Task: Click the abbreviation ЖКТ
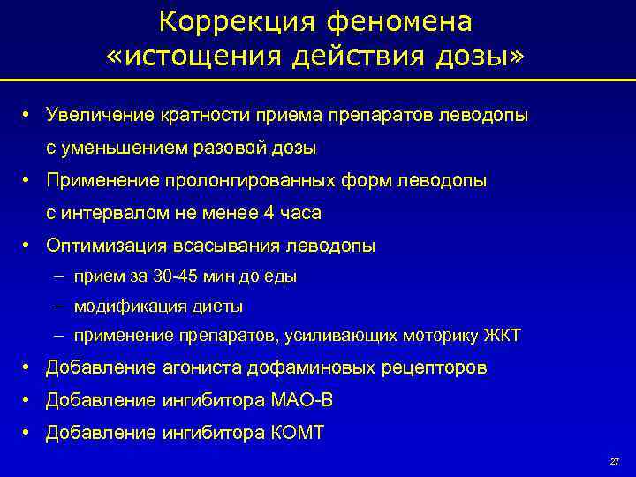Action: coord(503,336)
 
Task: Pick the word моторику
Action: coord(437,336)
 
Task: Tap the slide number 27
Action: coord(615,462)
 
